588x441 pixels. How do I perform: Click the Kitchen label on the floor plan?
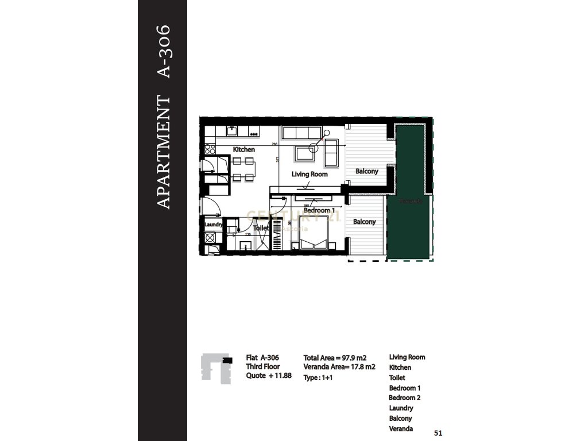[x=243, y=150]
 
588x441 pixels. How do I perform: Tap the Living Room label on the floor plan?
[x=310, y=174]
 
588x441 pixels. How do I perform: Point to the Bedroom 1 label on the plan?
[x=319, y=211]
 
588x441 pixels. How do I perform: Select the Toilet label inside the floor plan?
[x=261, y=228]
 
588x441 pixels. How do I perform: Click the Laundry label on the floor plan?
[x=213, y=225]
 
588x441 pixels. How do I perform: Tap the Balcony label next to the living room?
[x=366, y=171]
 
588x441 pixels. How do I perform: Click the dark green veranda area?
[x=409, y=189]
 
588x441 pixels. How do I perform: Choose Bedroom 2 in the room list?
[x=404, y=397]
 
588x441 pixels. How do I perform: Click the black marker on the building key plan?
[x=229, y=359]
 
